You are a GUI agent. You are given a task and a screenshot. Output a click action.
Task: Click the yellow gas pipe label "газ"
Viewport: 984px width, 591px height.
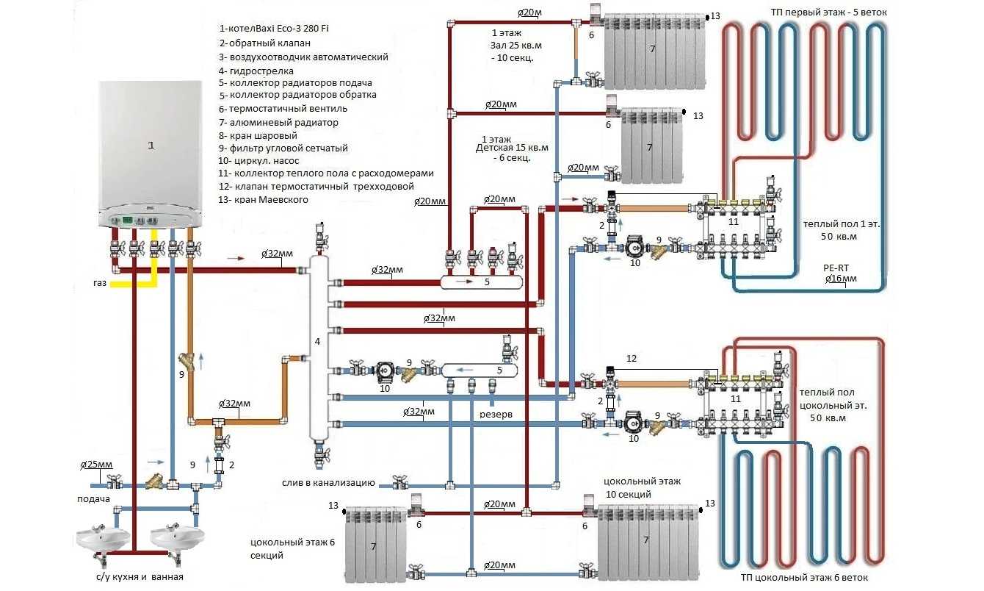pyautogui.click(x=102, y=282)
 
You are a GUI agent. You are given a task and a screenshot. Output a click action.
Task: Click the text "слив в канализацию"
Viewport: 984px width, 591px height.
pyautogui.click(x=329, y=483)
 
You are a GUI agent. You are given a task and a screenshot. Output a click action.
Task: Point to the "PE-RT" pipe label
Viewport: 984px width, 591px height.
pyautogui.click(x=837, y=268)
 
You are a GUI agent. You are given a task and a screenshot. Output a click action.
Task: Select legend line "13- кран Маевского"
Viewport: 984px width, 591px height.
pyautogui.click(x=264, y=200)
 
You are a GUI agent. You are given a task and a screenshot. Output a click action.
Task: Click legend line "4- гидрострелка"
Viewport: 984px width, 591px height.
pyautogui.click(x=256, y=71)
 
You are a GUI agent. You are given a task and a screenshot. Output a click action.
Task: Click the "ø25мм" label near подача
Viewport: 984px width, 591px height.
pyautogui.click(x=96, y=465)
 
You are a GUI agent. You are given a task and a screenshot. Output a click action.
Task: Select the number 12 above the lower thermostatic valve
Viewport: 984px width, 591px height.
pyautogui.click(x=632, y=358)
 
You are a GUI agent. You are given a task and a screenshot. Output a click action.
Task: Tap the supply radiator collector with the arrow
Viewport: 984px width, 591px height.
pyautogui.click(x=481, y=282)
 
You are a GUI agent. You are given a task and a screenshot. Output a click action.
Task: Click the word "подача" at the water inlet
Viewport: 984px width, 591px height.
pyautogui.click(x=93, y=499)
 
